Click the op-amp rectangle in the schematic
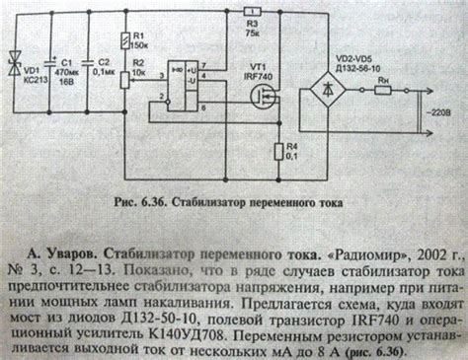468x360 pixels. (x=184, y=86)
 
